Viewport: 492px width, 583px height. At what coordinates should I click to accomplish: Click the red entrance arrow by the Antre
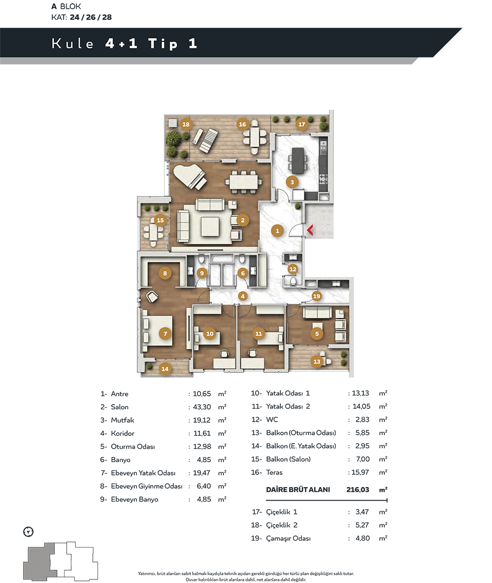310,230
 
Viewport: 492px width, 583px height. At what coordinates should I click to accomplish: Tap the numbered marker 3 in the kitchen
292,182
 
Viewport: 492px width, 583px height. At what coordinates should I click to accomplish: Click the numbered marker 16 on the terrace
242,124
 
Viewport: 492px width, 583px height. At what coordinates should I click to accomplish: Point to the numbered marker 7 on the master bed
165,334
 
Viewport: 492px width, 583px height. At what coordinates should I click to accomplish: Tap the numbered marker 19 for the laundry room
316,296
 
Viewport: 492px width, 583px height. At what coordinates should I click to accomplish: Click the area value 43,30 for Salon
202,407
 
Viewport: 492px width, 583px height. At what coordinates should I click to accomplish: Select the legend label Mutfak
122,420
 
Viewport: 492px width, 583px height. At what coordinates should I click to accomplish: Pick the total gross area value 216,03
358,489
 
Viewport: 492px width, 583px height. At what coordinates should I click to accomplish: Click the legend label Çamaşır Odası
288,538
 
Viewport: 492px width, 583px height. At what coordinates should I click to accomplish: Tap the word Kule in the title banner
72,44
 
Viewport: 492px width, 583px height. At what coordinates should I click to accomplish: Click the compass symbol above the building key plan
28,532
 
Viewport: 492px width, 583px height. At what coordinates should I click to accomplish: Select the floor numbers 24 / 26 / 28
91,17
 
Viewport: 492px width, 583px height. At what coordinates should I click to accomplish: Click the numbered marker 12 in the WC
293,269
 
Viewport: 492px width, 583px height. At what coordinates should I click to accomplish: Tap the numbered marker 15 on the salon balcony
160,220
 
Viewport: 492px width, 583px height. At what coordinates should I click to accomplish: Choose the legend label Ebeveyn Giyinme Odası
147,486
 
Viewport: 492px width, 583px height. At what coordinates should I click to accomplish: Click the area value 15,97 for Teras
360,472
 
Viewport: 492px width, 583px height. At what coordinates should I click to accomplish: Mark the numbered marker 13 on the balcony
317,361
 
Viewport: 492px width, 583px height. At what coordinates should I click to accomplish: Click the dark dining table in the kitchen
298,161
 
